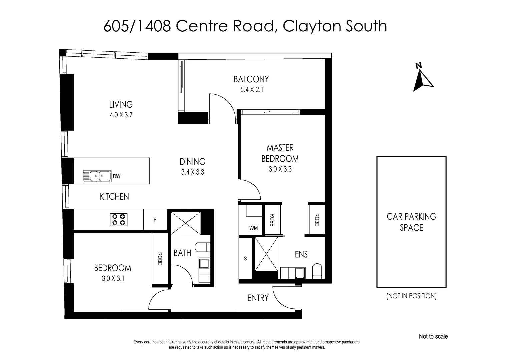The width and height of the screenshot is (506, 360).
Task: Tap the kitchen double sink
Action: coord(97,176)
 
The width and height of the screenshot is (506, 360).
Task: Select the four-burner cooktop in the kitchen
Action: coord(119,219)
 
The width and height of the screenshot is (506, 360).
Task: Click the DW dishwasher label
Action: coord(116,176)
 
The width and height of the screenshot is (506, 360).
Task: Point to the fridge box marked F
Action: coord(155,220)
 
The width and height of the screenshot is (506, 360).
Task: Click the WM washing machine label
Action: coord(254,228)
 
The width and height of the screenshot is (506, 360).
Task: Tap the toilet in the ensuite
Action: coord(317,271)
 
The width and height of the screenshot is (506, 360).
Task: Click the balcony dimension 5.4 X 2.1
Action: coord(251,90)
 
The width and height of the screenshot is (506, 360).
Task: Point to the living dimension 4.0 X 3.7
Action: coord(121,115)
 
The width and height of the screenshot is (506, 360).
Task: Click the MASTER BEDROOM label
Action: coord(280,153)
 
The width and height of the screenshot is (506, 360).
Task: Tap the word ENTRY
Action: coord(258,298)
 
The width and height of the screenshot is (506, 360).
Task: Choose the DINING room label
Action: coord(192,162)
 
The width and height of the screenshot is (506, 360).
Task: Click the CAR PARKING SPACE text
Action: coord(411,222)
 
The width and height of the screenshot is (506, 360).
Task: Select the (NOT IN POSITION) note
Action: coord(411,296)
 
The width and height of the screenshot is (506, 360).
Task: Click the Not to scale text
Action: coord(433,337)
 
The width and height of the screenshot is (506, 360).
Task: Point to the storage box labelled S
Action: coord(245,258)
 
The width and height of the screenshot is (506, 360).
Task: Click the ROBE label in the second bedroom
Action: coord(160,258)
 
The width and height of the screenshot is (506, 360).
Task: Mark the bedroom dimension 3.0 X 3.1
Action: coord(113,278)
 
